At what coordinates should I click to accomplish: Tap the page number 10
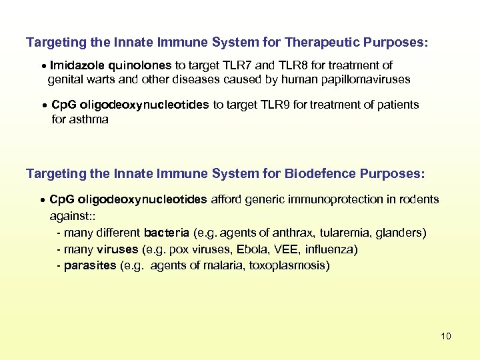pyautogui.click(x=446, y=336)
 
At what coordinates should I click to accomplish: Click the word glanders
pyautogui.click(x=400, y=233)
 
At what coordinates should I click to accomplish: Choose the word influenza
pyautogui.click(x=331, y=249)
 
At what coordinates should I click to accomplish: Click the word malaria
pyautogui.click(x=225, y=265)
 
